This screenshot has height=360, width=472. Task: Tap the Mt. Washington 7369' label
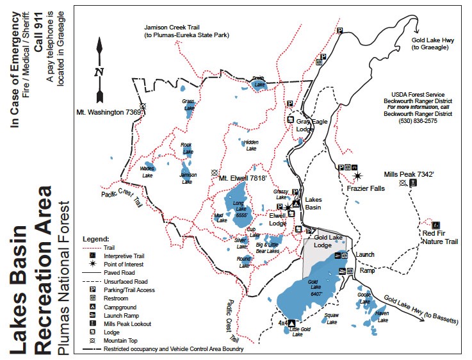tap(108, 112)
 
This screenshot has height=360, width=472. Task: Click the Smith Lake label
tap(258, 81)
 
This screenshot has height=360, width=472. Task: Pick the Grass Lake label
tap(188, 104)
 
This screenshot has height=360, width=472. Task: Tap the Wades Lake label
tap(147, 172)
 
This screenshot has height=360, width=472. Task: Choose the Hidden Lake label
tap(250, 145)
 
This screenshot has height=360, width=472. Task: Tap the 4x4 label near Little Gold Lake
tap(283, 323)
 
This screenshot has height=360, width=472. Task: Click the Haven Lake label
tap(382, 315)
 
